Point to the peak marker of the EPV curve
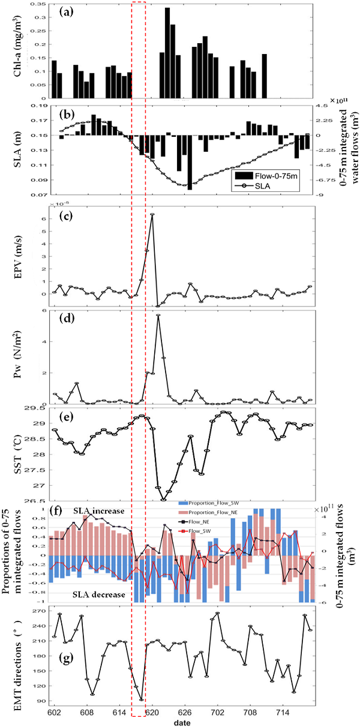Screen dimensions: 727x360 (x=152, y=214)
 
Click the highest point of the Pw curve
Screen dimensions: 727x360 (x=158, y=315)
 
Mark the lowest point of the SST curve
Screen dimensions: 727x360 (x=164, y=499)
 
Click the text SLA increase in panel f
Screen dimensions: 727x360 (x=99, y=510)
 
